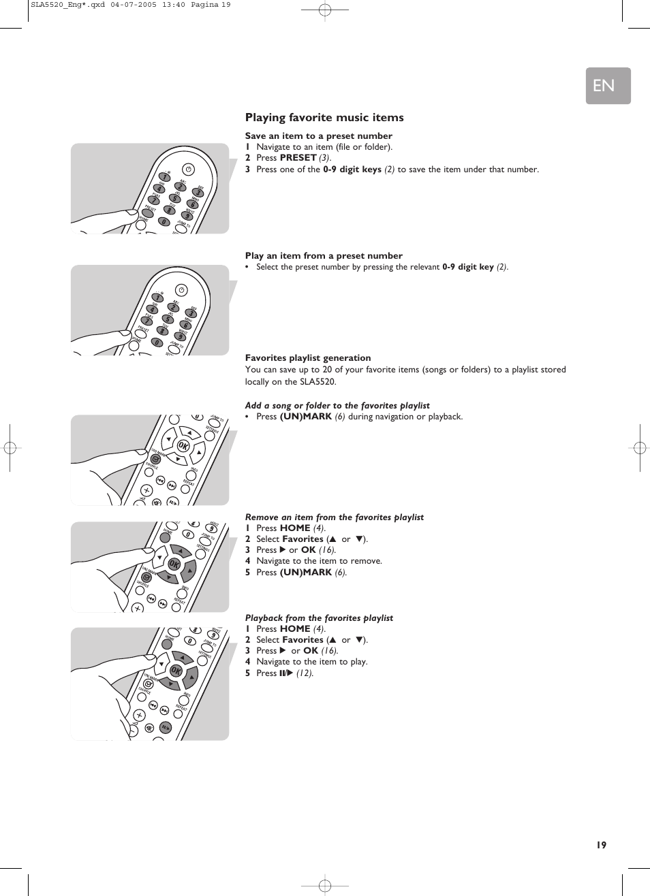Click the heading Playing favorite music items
324,118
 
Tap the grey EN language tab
608,86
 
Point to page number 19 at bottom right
600,845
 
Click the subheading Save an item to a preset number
318,136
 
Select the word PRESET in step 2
298,158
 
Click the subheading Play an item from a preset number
324,256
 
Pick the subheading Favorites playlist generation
308,358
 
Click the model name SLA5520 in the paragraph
318,382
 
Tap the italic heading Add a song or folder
337,406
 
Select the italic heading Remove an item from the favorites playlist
334,517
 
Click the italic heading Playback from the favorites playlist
319,618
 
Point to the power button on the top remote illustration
189,170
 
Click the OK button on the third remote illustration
183,446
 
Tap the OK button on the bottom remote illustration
176,671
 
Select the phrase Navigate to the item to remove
319,561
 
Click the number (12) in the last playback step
304,673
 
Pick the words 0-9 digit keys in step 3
352,170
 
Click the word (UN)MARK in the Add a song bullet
305,417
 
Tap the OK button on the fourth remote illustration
174,564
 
